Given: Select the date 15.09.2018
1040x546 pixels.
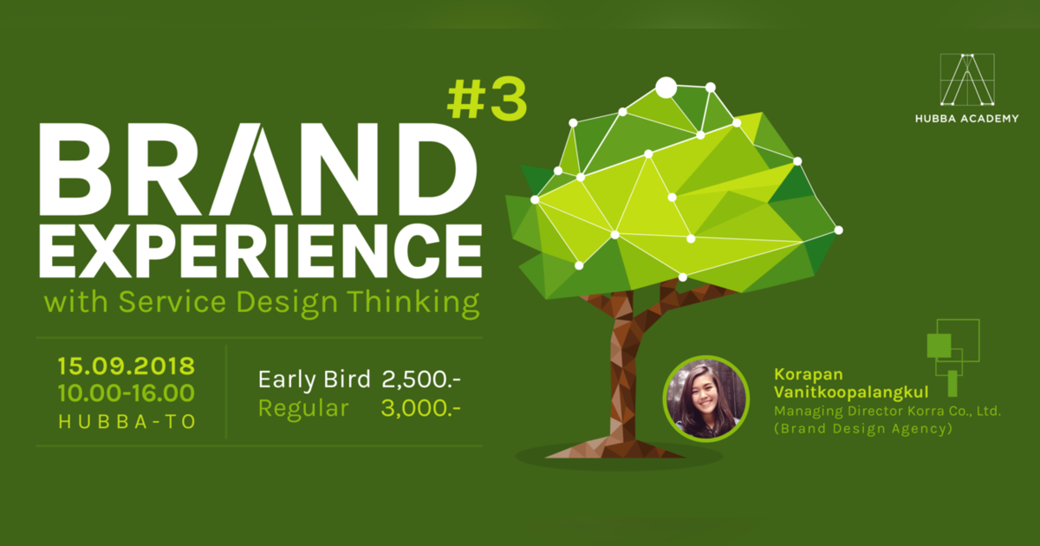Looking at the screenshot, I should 127,364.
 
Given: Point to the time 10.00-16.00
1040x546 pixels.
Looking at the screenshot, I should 127,393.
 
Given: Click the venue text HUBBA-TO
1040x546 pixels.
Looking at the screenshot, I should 127,421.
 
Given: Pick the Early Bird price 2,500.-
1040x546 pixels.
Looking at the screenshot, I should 420,380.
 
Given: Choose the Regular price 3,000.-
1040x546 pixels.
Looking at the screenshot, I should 420,408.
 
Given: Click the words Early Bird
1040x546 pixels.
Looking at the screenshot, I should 315,380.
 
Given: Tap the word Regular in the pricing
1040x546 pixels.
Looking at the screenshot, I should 303,408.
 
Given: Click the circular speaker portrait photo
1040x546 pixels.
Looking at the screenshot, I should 705,399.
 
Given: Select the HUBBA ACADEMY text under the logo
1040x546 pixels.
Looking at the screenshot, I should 967,119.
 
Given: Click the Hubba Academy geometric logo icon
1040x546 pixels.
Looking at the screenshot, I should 967,80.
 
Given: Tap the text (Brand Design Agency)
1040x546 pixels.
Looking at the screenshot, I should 862,428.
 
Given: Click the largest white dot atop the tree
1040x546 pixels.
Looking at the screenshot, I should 666,88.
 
